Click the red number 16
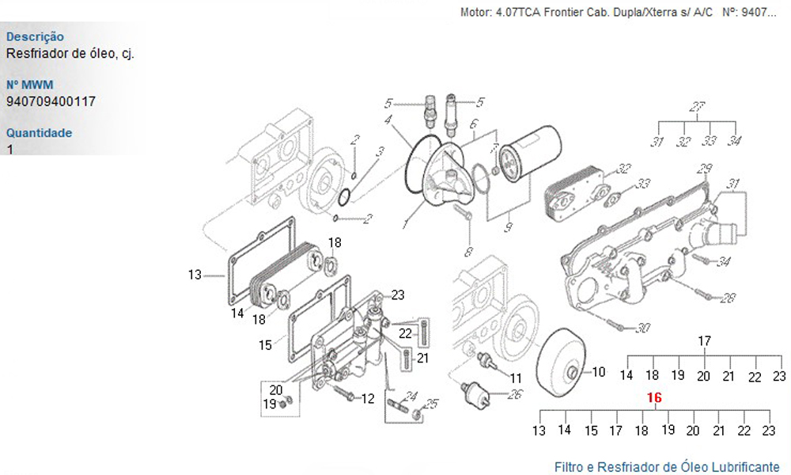[x=654, y=397]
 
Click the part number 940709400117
[x=51, y=101]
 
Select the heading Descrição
[x=35, y=37]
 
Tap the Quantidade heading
[x=39, y=133]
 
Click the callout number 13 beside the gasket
[x=195, y=275]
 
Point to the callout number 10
[x=598, y=372]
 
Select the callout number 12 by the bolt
[x=368, y=399]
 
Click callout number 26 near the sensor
[x=515, y=393]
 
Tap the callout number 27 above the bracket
[x=697, y=107]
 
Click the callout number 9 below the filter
[x=508, y=227]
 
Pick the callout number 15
[x=265, y=345]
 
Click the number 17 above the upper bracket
[x=704, y=341]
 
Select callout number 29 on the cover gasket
[x=704, y=169]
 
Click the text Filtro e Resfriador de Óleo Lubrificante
[x=667, y=466]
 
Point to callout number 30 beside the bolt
[x=642, y=328]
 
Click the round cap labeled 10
[x=561, y=363]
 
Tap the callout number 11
[x=516, y=378]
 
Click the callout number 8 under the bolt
[x=469, y=252]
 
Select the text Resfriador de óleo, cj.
[x=70, y=54]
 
